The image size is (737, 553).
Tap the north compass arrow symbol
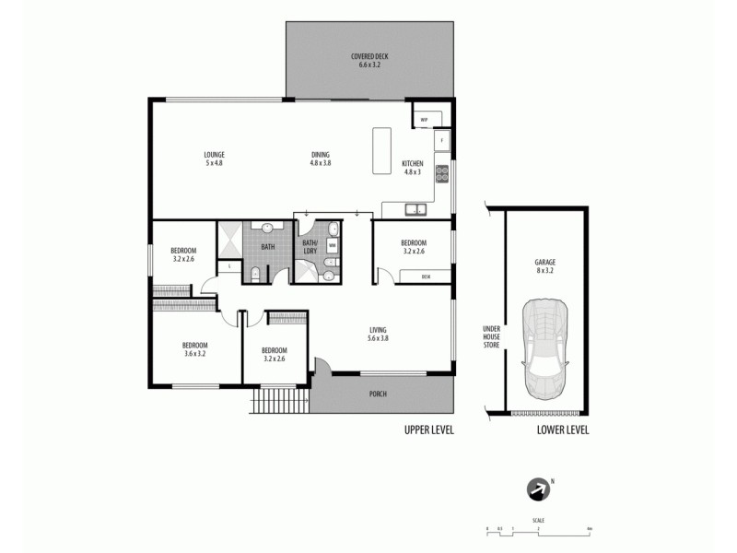coord(536,489)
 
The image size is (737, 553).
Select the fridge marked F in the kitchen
coord(442,140)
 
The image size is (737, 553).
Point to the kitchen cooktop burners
coord(442,173)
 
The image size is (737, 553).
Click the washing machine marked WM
coord(332,246)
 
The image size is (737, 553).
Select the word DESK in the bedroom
coord(426,276)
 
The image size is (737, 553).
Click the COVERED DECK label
coord(369,61)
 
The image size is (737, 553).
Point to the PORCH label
coord(378,394)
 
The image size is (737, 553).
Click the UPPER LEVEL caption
coord(429,429)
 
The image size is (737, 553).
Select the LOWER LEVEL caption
coord(564,429)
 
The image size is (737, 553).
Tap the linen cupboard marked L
coord(228,266)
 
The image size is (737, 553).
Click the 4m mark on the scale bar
coord(587,529)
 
